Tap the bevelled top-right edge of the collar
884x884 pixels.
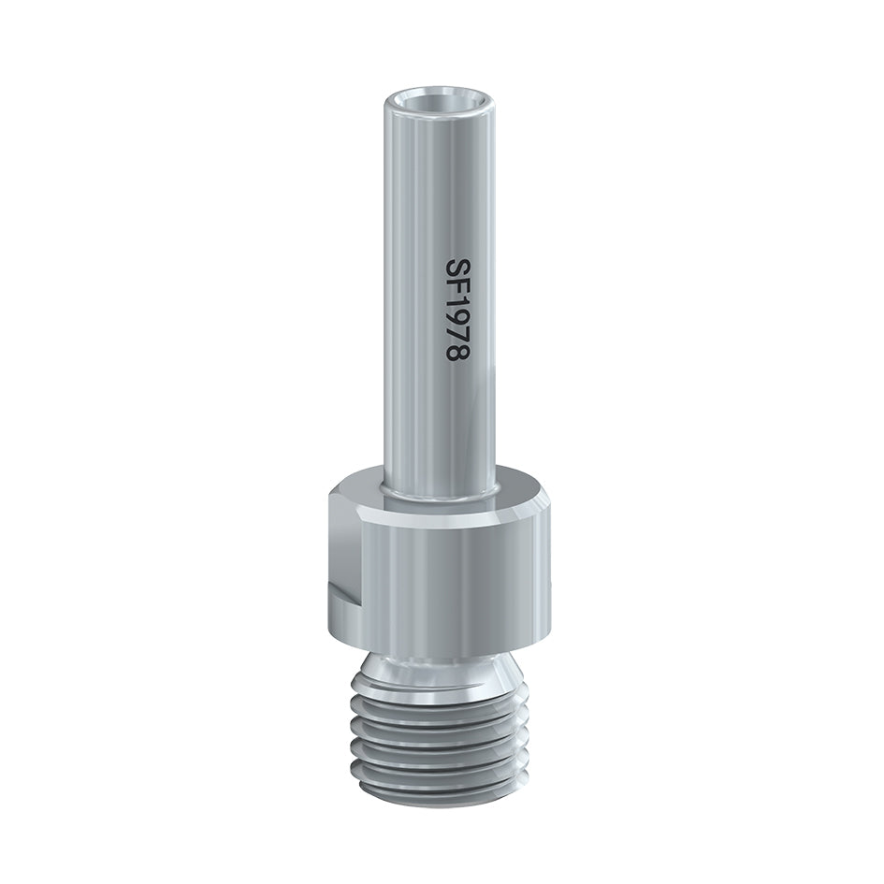tap(533, 505)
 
